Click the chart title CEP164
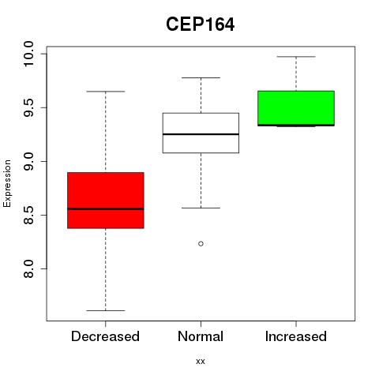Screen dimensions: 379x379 point(200,24)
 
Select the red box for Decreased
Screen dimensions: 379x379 point(106,201)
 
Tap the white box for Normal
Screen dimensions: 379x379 point(201,133)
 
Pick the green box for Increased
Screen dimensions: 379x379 point(296,108)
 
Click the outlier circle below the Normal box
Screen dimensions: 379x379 point(201,244)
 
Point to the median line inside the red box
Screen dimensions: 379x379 point(106,209)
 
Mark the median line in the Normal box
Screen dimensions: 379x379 point(201,134)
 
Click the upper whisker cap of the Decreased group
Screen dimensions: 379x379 point(106,92)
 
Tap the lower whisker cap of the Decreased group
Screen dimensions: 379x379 point(106,310)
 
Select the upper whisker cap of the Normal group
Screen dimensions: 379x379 point(201,77)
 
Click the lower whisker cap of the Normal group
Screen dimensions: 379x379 point(201,208)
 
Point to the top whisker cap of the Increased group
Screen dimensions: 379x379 point(296,57)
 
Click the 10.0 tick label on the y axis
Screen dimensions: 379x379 point(28,54)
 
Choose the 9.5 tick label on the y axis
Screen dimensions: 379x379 point(28,107)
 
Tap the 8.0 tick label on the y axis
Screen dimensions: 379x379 point(28,268)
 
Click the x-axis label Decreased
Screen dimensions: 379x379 point(105,336)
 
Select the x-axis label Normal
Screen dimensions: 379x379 point(201,336)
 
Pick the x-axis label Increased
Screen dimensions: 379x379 point(296,336)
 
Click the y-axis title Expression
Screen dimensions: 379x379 point(7,183)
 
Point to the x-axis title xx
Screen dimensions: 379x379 point(201,362)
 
